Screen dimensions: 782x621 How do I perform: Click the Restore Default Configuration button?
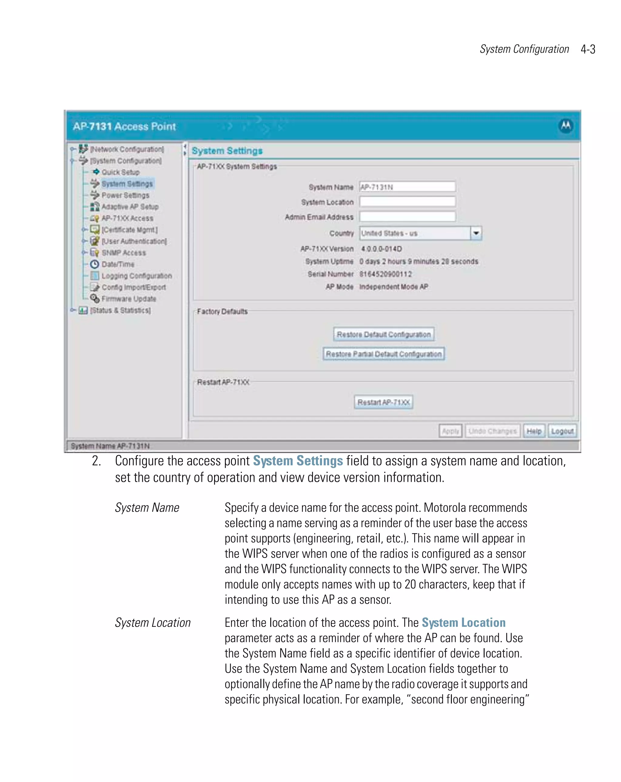pos(383,334)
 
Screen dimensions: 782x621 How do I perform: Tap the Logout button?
pos(562,431)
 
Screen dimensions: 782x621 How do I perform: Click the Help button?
pos(534,431)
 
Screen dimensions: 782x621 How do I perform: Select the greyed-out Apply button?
pos(450,431)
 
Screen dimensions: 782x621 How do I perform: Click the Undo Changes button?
pos(492,431)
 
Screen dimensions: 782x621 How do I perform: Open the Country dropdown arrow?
pos(476,233)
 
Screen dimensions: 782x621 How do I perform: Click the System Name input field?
pos(407,187)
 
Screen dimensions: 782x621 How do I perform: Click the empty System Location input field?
pos(407,202)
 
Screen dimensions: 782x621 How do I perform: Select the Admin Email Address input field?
pos(407,217)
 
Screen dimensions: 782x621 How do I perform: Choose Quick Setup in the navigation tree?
pos(120,172)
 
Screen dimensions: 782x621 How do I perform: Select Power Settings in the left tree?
pos(125,195)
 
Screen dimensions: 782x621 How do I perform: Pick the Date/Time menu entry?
pos(118,264)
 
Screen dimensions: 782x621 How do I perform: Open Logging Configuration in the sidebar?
pos(136,276)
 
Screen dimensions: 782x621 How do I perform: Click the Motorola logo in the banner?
pos(566,126)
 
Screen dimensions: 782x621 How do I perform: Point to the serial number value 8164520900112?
pos(385,274)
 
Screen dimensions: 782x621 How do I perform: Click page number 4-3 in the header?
pos(588,49)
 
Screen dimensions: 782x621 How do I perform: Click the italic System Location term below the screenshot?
pos(153,623)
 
